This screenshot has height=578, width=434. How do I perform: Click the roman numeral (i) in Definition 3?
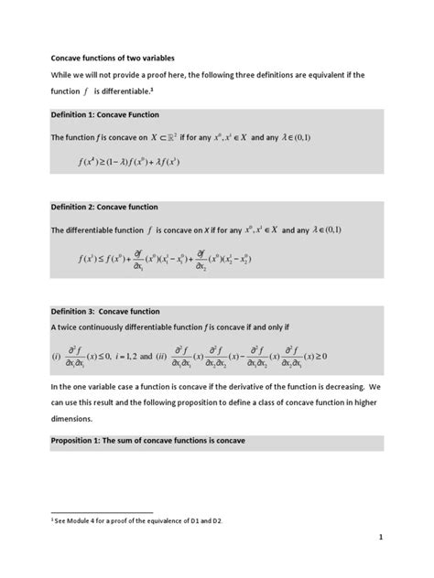(x=55, y=356)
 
